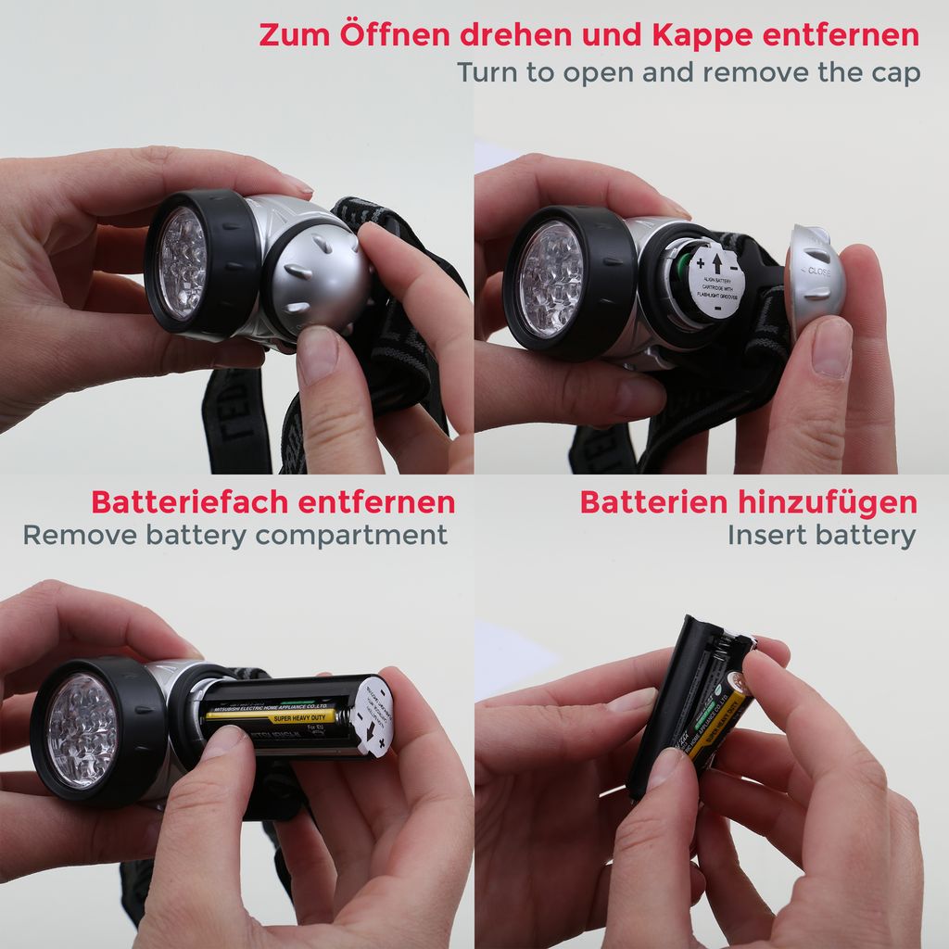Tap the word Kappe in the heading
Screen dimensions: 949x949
click(x=702, y=35)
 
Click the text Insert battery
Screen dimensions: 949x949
click(x=821, y=536)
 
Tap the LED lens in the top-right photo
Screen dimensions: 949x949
click(x=551, y=278)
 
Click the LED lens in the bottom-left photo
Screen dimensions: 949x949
click(x=83, y=730)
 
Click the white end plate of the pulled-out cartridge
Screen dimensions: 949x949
click(x=370, y=715)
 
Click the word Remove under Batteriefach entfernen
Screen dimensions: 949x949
click(x=77, y=536)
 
